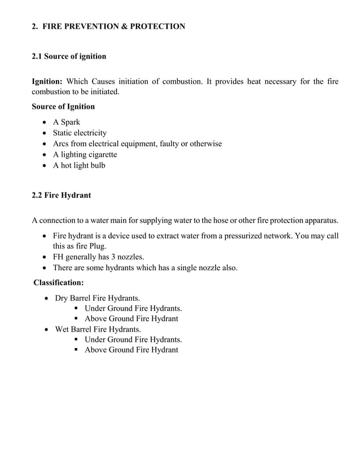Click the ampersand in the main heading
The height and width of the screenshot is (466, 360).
coord(122,26)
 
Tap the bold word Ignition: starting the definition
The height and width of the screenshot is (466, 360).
coord(47,82)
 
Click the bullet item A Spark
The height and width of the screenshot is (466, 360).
coord(67,122)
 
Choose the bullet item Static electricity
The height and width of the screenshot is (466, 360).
coord(80,133)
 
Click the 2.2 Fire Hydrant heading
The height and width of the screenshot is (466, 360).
coord(61,196)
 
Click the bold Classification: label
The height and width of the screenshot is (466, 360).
coord(59,282)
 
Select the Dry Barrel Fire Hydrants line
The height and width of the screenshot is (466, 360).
coord(97,297)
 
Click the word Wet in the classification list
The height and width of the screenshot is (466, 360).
coord(62,329)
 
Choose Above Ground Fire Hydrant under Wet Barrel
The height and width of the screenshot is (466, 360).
coord(131,350)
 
